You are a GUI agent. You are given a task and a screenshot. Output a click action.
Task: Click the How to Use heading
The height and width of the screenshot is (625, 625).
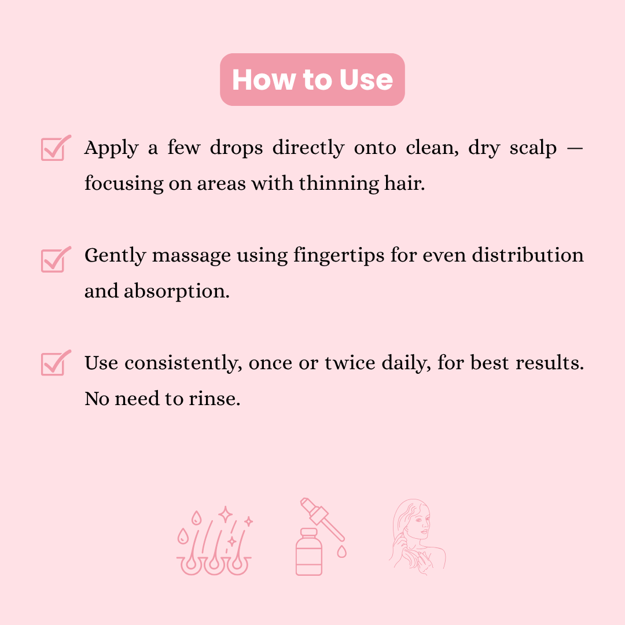tap(312, 80)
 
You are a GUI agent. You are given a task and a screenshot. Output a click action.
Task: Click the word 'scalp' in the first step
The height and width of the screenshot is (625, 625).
tap(533, 149)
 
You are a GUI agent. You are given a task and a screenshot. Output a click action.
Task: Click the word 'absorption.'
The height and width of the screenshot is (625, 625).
tap(177, 291)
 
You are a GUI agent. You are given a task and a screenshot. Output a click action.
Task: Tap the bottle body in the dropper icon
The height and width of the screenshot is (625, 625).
tap(308, 554)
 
